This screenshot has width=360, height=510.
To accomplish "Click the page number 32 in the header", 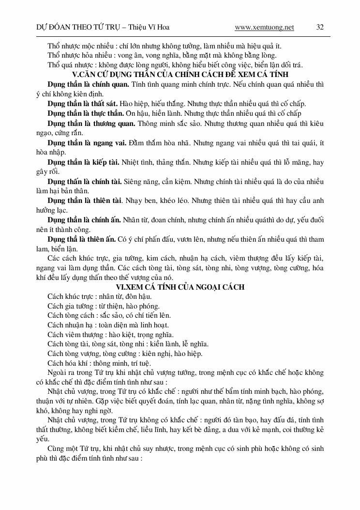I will [x=320, y=27].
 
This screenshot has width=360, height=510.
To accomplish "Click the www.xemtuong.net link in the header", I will [x=264, y=27].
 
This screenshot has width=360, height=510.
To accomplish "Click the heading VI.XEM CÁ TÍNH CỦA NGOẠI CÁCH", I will [x=180, y=287].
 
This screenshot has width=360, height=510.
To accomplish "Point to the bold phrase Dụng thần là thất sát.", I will [x=83, y=104].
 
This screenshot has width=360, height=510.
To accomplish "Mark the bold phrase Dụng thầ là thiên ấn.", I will [x=82, y=239].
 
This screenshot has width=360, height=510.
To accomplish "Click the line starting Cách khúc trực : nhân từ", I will [x=100, y=296].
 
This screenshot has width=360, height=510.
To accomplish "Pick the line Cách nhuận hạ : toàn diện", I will [x=108, y=325].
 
